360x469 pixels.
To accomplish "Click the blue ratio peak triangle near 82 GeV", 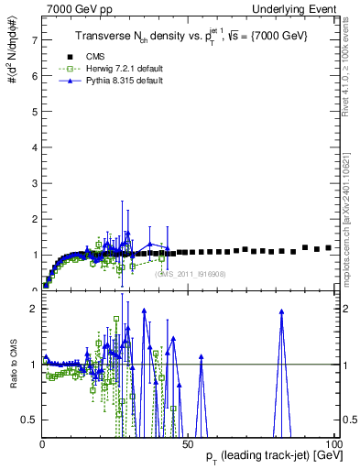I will coord(281,311).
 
